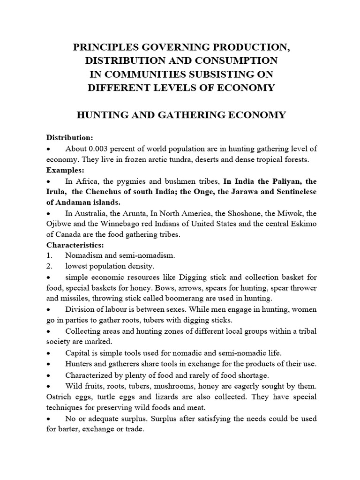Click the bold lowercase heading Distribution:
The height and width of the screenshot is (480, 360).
(69, 137)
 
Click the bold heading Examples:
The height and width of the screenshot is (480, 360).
(65, 170)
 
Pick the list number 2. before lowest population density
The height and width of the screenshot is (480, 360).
(48, 266)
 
